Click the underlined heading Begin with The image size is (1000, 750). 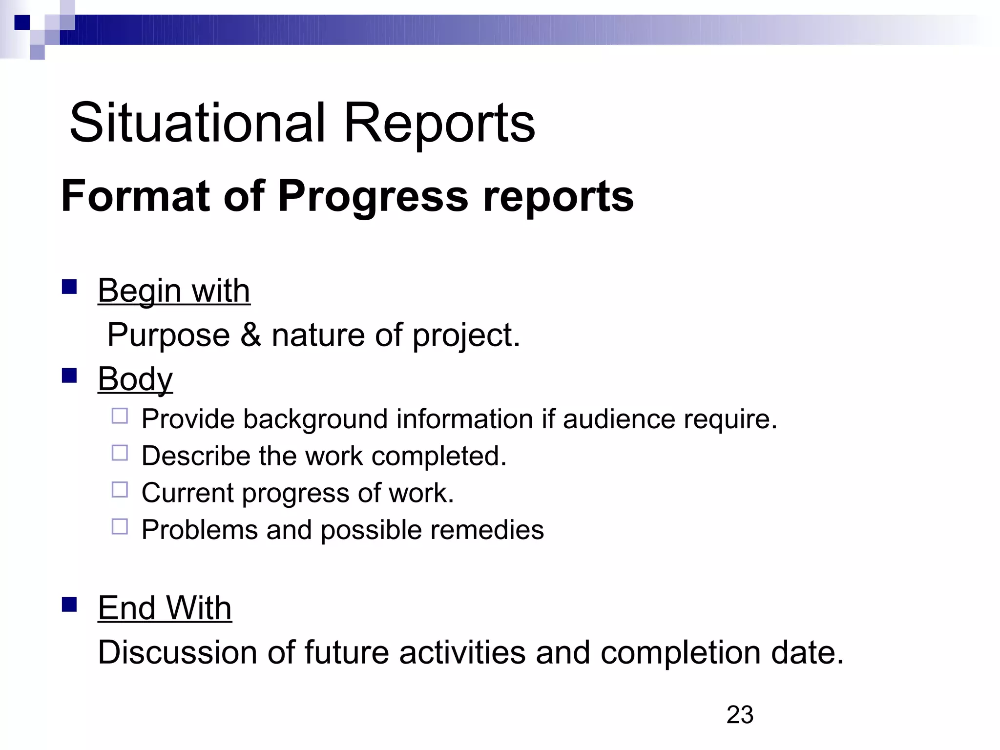(x=174, y=291)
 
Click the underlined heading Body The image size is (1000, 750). (x=135, y=379)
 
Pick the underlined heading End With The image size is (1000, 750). (x=165, y=608)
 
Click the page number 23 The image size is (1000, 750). (x=740, y=715)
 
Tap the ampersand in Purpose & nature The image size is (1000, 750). (x=250, y=335)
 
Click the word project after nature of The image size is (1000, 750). (x=466, y=335)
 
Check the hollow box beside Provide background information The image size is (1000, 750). (x=120, y=416)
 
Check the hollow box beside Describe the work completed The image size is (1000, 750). (x=120, y=453)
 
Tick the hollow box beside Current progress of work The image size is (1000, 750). (x=120, y=490)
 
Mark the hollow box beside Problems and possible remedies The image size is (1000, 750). (x=120, y=526)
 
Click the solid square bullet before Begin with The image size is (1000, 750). (x=70, y=287)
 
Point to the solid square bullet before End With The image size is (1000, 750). (x=70, y=604)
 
